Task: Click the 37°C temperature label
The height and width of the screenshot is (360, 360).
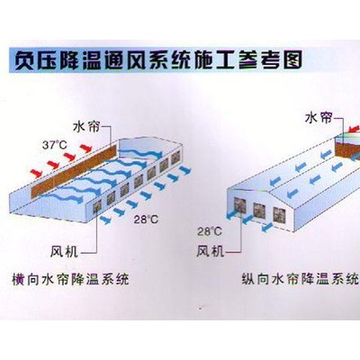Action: point(55,145)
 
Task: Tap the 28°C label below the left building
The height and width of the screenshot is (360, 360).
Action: point(146,220)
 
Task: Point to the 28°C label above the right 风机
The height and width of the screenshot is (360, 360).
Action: point(210,231)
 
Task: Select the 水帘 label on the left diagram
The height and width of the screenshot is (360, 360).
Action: point(86,127)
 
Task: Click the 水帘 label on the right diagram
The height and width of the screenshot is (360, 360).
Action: point(319,118)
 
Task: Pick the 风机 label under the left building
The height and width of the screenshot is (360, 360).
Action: point(64,251)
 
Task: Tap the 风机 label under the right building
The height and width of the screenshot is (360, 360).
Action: point(211,251)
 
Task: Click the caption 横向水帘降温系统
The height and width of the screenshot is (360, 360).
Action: point(70,279)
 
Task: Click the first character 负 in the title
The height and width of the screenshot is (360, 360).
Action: point(24,61)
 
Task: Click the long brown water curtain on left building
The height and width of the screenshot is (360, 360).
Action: point(74,171)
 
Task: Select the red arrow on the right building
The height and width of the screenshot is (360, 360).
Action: point(354,130)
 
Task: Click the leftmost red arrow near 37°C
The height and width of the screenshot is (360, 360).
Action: point(36,173)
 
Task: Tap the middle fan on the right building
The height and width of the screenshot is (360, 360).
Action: point(258,210)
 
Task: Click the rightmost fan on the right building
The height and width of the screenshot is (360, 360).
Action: point(278,214)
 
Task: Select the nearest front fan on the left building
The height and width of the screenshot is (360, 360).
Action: point(97,207)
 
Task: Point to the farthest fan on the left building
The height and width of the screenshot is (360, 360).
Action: point(175,157)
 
